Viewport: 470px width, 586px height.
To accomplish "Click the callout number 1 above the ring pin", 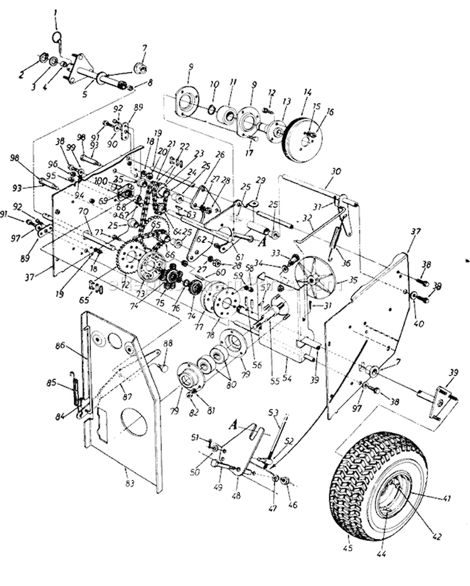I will coord(55,12).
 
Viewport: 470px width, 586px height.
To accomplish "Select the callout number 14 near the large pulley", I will coord(307,91).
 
